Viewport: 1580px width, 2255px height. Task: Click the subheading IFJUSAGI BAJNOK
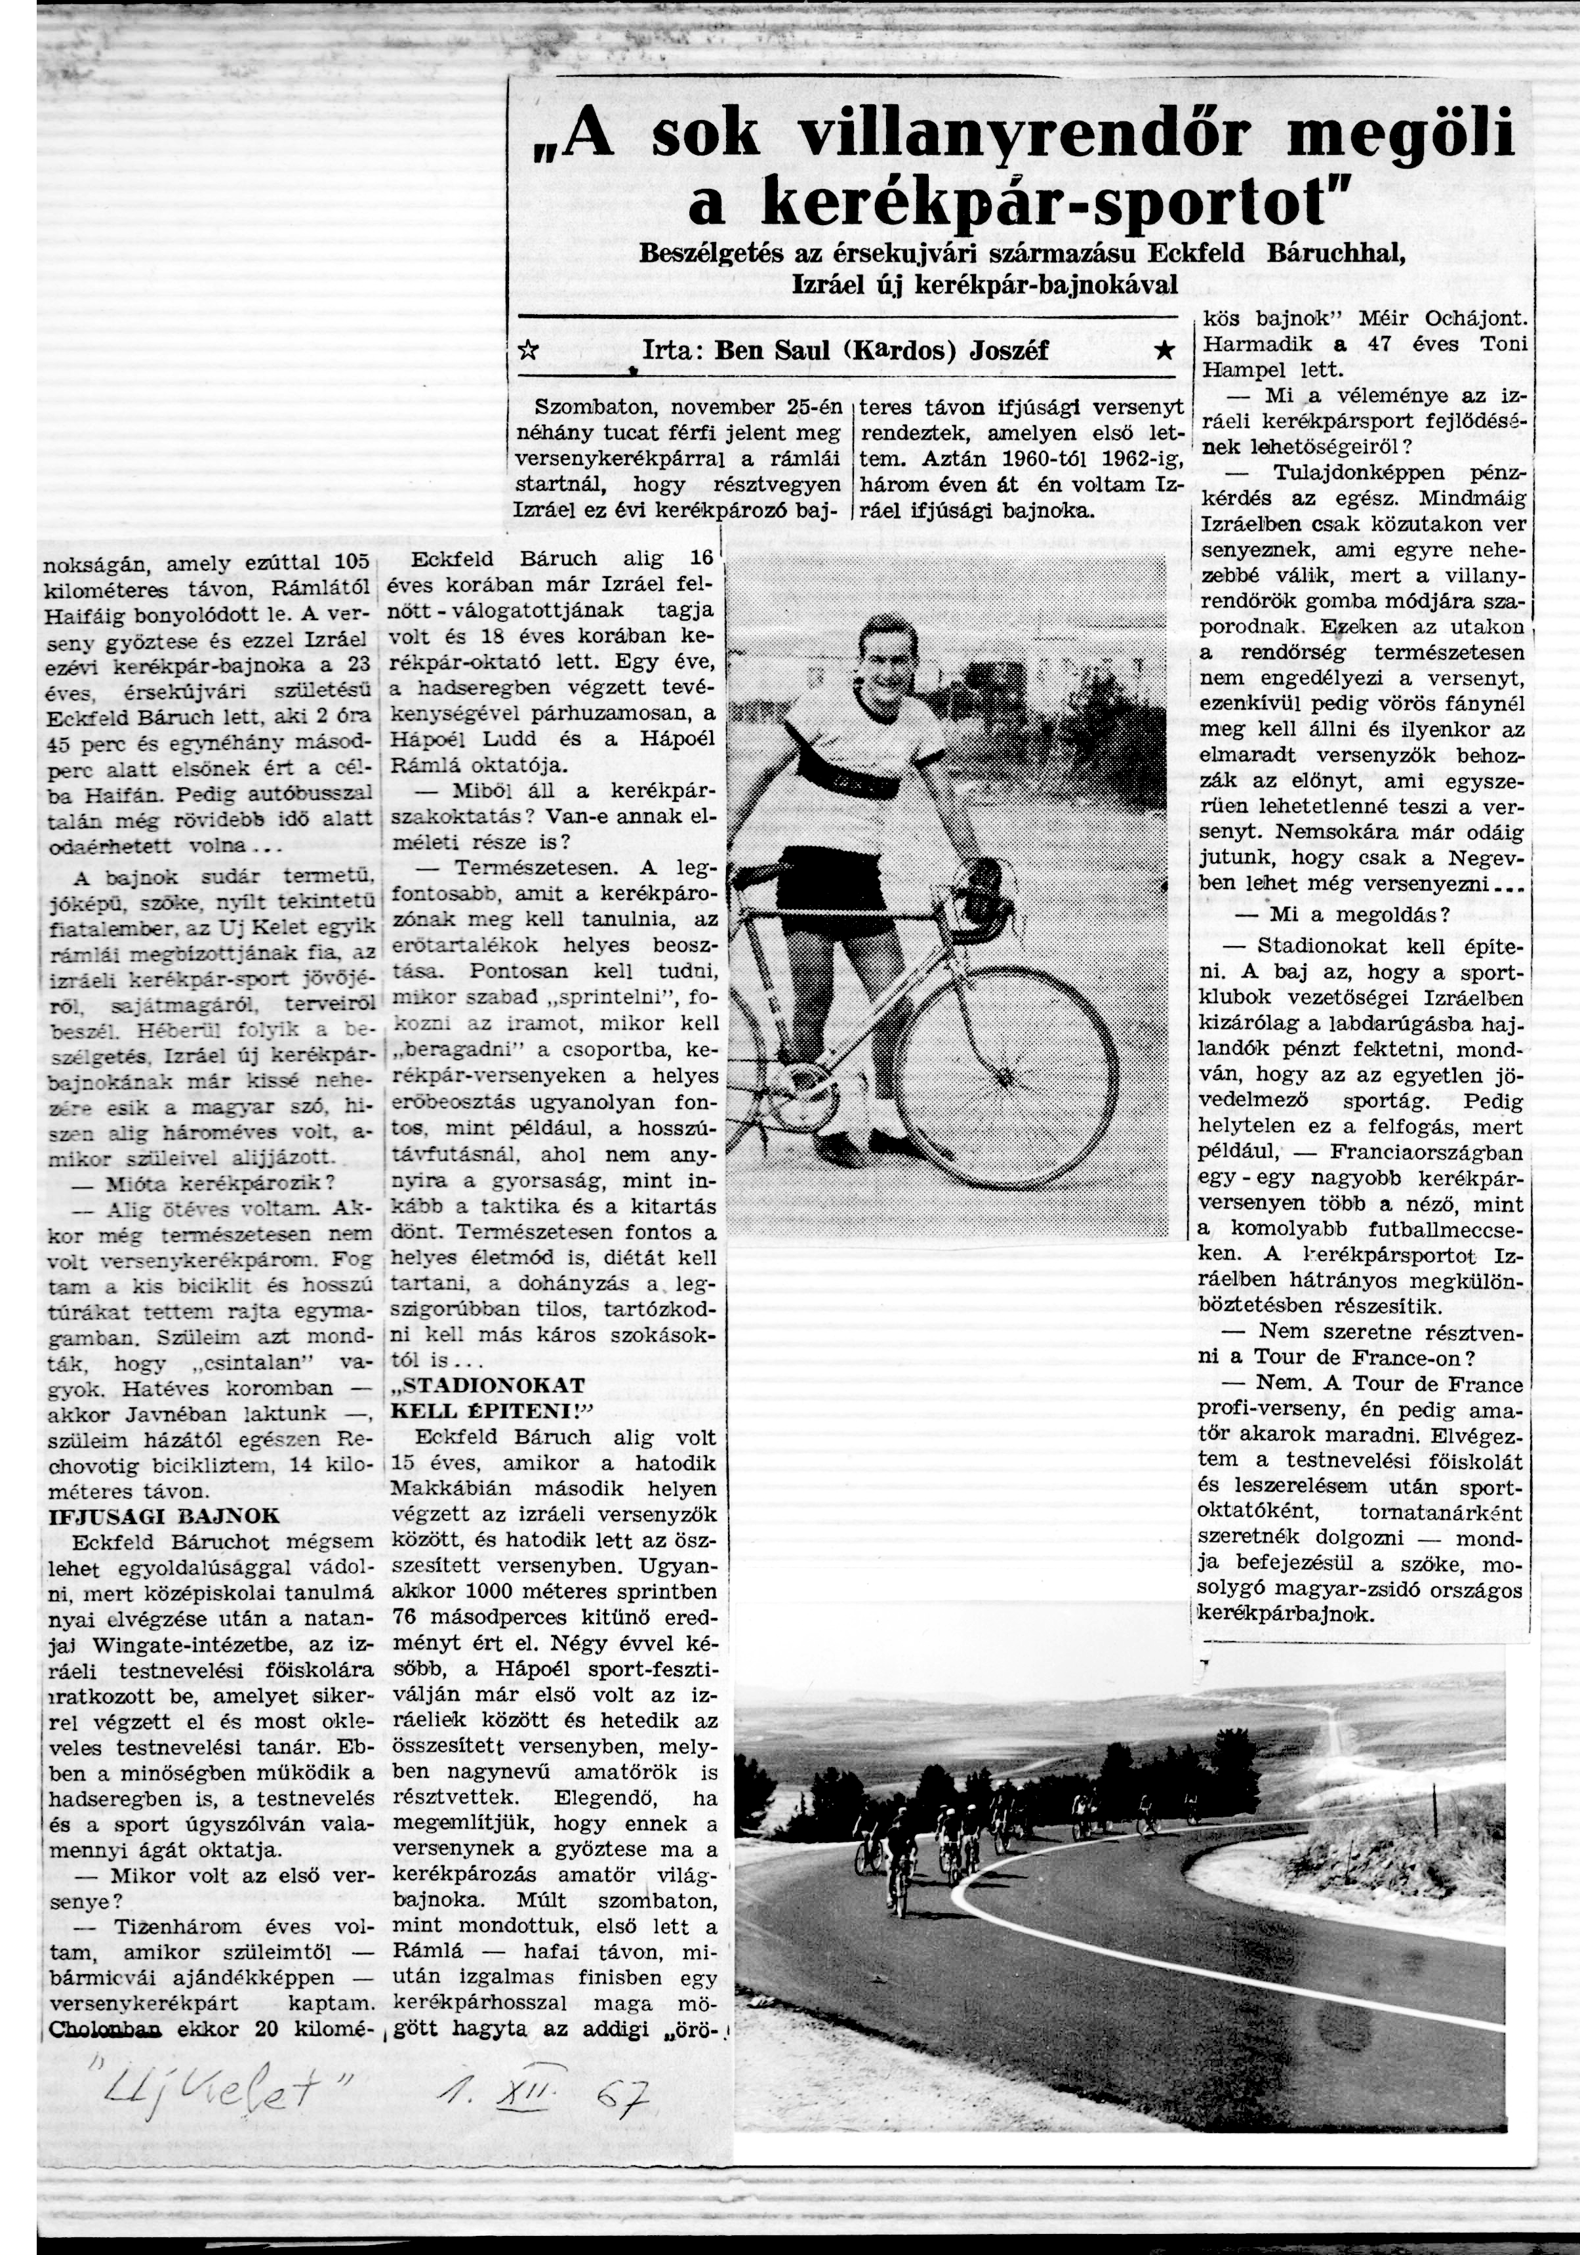(x=164, y=1516)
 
